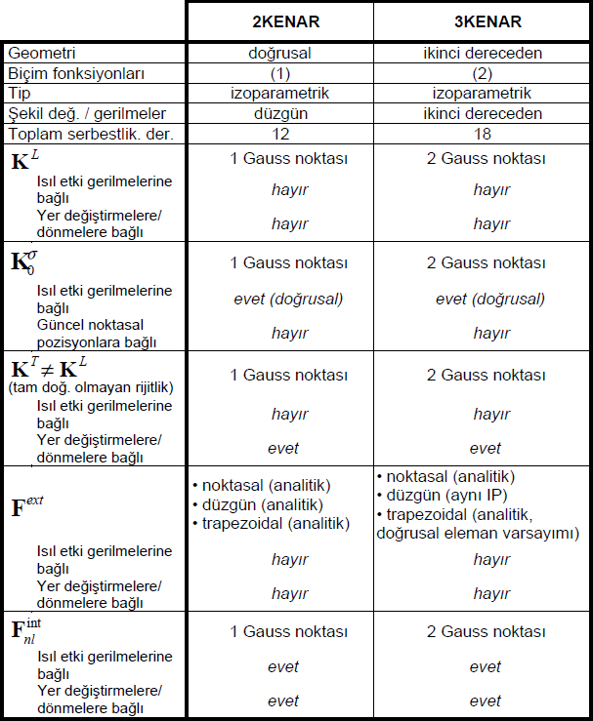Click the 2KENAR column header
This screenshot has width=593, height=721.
click(x=280, y=20)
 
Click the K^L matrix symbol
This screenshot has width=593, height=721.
click(x=24, y=161)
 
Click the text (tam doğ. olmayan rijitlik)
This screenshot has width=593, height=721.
click(x=91, y=388)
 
